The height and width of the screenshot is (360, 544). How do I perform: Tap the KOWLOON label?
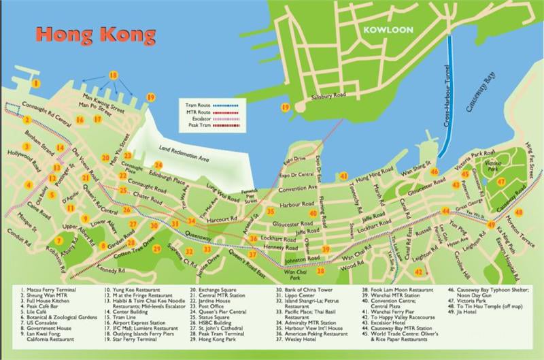coord(384,31)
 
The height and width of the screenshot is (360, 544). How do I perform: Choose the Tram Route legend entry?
coord(197,105)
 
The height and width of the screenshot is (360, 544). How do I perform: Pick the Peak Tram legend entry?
coord(197,127)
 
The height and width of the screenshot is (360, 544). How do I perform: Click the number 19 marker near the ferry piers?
coord(150,97)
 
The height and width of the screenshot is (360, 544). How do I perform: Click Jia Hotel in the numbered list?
coord(468,316)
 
